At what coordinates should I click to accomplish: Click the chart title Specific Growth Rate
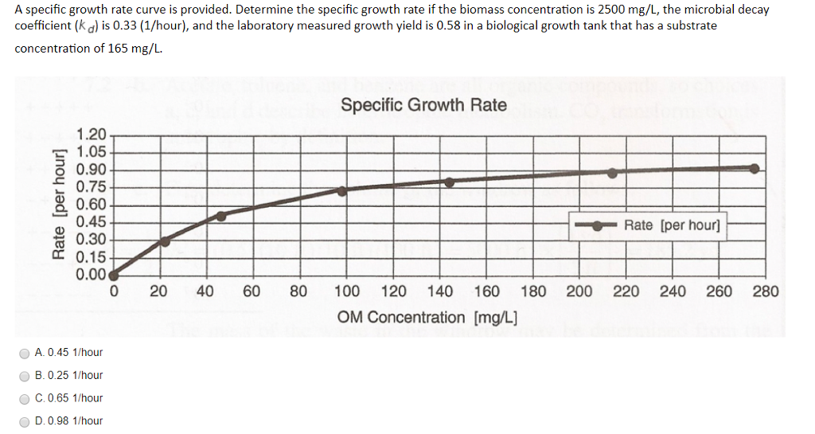coord(423,105)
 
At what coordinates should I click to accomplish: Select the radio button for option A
coord(25,353)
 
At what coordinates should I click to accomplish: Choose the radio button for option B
coord(25,376)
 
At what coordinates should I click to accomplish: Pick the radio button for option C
coord(25,398)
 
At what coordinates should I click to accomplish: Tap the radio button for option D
coord(25,421)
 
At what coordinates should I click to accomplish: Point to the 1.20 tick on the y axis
coord(92,135)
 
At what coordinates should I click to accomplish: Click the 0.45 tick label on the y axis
coord(92,222)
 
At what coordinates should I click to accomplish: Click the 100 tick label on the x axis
coord(346,291)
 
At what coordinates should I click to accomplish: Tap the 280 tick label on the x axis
coord(766,291)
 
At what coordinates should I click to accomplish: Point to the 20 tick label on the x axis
coord(158,291)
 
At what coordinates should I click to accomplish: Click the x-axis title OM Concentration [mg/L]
coord(427,318)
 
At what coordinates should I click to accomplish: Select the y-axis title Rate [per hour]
coord(57,205)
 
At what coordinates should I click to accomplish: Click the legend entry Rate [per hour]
coord(672,225)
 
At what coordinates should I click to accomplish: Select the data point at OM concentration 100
coord(342,190)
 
